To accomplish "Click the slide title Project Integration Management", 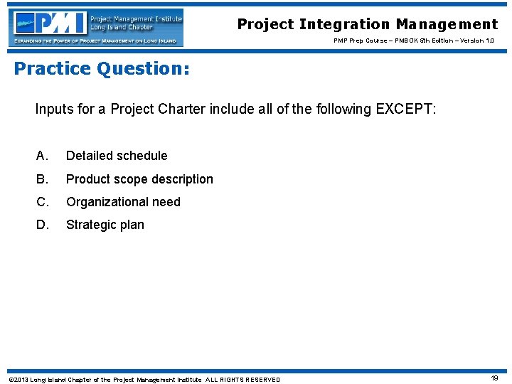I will (368, 24).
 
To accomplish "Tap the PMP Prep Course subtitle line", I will (414, 41).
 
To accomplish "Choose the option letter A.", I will (42, 156).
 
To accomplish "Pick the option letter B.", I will (42, 179).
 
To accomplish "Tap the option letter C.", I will (42, 202).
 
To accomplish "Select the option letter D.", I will (42, 225).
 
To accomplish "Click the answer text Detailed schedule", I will (117, 156).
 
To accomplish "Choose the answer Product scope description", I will (139, 179).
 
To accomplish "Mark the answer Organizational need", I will (123, 202).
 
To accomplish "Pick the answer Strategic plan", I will (105, 225).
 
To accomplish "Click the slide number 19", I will (494, 378).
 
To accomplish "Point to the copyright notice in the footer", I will (144, 379).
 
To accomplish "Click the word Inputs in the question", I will (54, 110).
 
